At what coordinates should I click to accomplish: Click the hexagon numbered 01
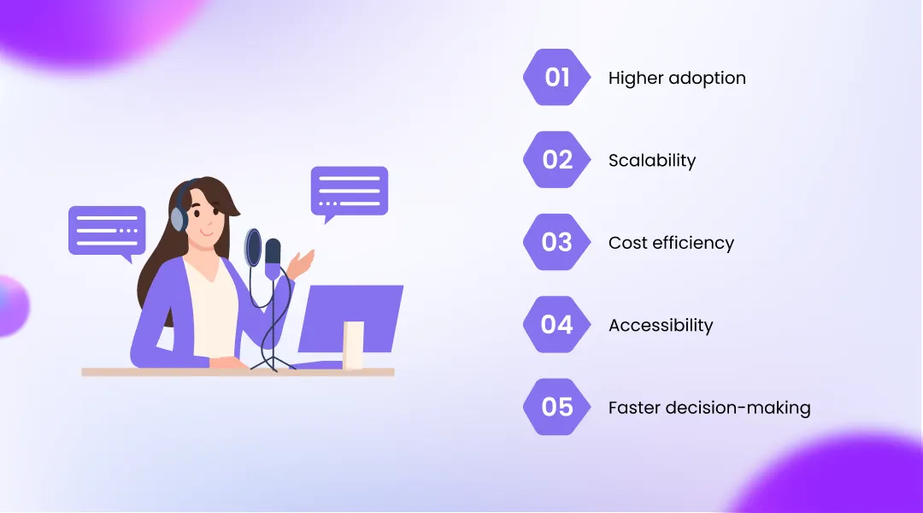pyautogui.click(x=557, y=78)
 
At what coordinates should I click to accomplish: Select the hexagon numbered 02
pyautogui.click(x=557, y=160)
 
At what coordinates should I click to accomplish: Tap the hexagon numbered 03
pyautogui.click(x=557, y=243)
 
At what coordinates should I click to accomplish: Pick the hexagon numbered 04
pyautogui.click(x=557, y=325)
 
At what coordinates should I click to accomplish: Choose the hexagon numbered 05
pyautogui.click(x=557, y=407)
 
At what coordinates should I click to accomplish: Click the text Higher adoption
pyautogui.click(x=677, y=78)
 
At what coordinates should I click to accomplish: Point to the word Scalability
pyautogui.click(x=652, y=161)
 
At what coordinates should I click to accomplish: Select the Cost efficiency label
pyautogui.click(x=671, y=243)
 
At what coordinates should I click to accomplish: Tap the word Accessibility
pyautogui.click(x=661, y=326)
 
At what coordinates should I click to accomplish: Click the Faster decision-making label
pyautogui.click(x=709, y=408)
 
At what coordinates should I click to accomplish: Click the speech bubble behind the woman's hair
pyautogui.click(x=107, y=230)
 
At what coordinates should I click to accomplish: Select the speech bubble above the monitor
pyautogui.click(x=349, y=190)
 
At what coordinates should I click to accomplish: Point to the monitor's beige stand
pyautogui.click(x=353, y=345)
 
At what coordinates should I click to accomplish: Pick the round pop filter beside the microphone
pyautogui.click(x=254, y=248)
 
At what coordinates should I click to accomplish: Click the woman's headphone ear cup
pyautogui.click(x=178, y=218)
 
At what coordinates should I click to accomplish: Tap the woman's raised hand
pyautogui.click(x=303, y=260)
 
